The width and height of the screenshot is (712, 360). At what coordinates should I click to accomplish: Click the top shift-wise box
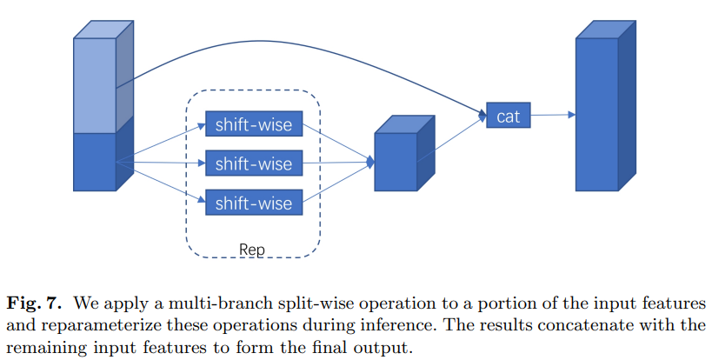coord(254,124)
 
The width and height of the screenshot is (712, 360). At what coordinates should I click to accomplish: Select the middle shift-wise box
coord(254,163)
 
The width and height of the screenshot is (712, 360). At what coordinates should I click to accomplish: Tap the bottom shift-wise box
coord(254,203)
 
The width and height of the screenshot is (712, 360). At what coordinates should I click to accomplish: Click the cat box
coord(509,115)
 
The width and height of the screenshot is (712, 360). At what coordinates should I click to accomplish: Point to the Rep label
coord(251,250)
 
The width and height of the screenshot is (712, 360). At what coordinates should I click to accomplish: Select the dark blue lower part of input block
coord(95,161)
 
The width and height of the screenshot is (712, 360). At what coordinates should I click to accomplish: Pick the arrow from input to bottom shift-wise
coord(161,182)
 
